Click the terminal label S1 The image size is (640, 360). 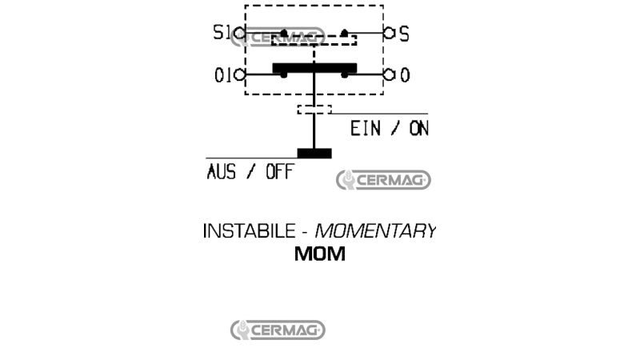point(222,32)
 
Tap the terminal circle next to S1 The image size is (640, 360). point(240,33)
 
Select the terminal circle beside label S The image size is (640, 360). point(389,33)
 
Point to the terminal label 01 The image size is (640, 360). point(223,75)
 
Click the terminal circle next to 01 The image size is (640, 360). point(239,74)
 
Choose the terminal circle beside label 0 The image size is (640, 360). point(389,74)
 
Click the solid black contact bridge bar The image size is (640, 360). point(314,68)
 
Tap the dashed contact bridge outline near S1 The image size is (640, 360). point(314,40)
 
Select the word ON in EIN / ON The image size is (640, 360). point(419,129)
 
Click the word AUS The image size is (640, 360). point(222,172)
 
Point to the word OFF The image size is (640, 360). point(279,172)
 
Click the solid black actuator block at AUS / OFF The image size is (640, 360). point(314,154)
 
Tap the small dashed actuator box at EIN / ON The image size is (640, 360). point(314,110)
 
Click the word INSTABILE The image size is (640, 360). point(249,231)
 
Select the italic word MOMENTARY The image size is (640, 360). point(375,231)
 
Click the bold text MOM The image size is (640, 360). point(319,254)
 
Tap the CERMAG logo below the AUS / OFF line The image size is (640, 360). point(383,180)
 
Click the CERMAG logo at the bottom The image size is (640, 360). point(278,330)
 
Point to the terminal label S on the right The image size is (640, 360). point(404,34)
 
